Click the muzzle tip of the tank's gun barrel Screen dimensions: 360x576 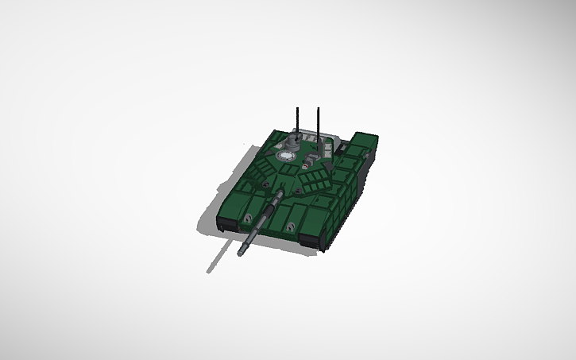coord(241,254)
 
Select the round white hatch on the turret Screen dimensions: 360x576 coord(283,157)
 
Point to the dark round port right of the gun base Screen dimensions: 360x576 coord(296,191)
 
